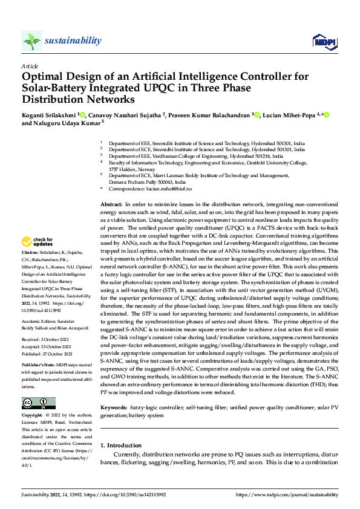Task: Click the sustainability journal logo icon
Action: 31,41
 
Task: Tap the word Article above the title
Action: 30,66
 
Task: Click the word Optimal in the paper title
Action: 44,77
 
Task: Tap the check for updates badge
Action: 39,241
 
